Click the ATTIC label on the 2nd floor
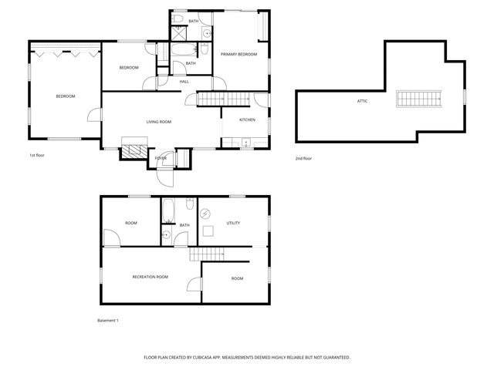(x=362, y=101)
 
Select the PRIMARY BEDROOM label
(x=239, y=54)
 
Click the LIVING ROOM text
(x=159, y=122)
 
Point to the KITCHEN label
(x=247, y=120)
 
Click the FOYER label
(x=161, y=158)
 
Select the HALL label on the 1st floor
(x=184, y=81)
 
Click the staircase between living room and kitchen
(x=225, y=99)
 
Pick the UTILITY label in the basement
(x=233, y=223)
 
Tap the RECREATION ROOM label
(x=150, y=276)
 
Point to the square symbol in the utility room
(x=208, y=230)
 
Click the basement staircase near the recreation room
(x=209, y=255)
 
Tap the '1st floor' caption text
(x=38, y=155)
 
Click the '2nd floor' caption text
(x=303, y=158)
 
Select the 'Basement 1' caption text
(x=108, y=320)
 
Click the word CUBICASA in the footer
(x=218, y=358)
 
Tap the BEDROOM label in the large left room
(x=65, y=96)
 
